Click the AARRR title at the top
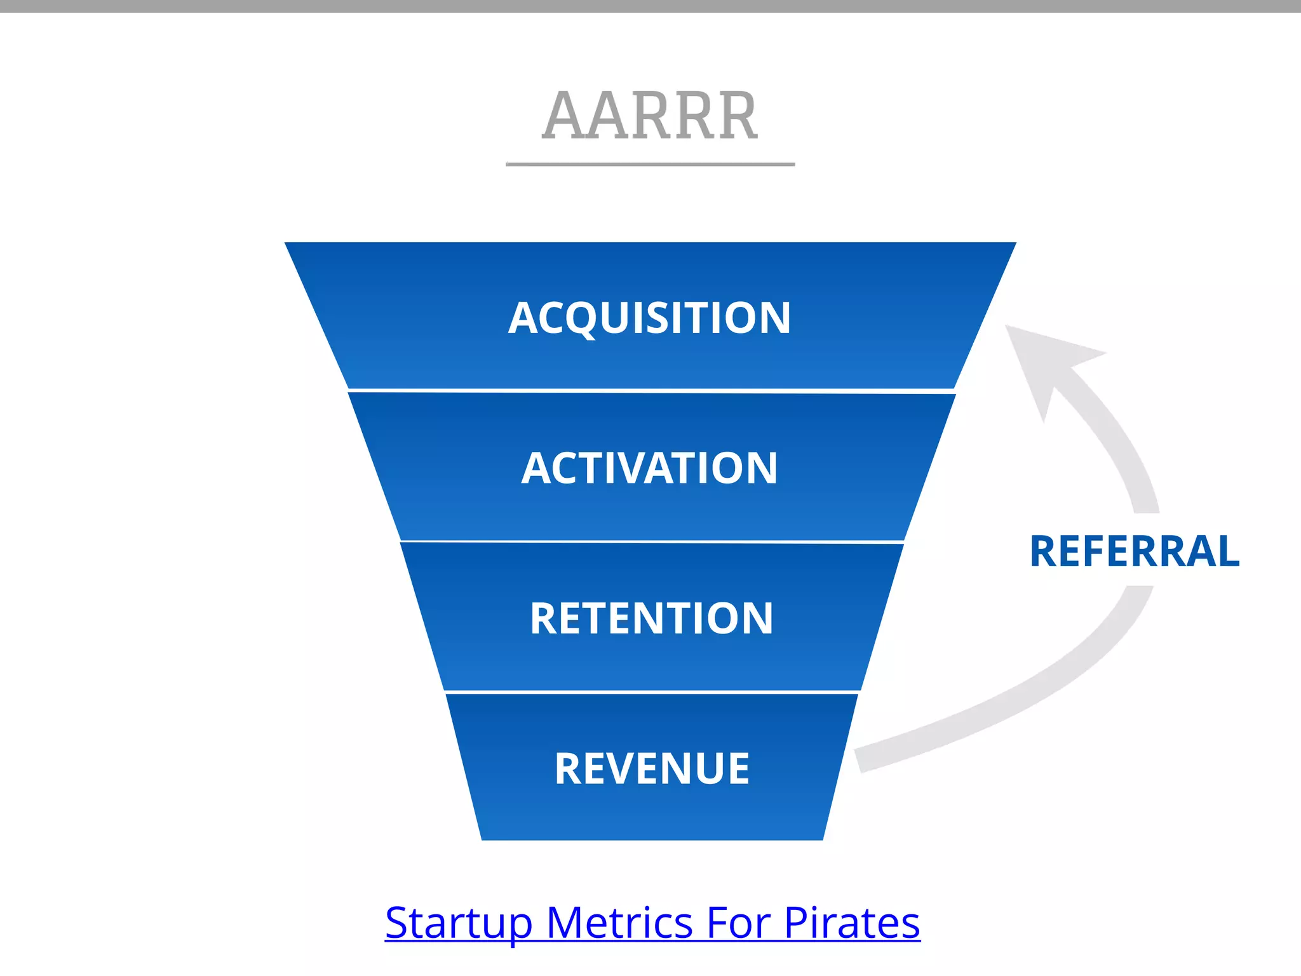point(650,116)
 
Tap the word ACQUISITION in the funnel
point(650,318)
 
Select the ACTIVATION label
point(650,468)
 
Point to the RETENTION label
point(651,618)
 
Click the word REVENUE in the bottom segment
point(652,769)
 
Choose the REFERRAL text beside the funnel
point(1135,551)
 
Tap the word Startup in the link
point(458,923)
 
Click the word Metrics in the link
point(619,923)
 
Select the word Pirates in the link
point(852,923)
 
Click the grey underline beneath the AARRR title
point(650,165)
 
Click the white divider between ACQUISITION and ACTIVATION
point(651,391)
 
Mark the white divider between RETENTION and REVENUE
point(652,691)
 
